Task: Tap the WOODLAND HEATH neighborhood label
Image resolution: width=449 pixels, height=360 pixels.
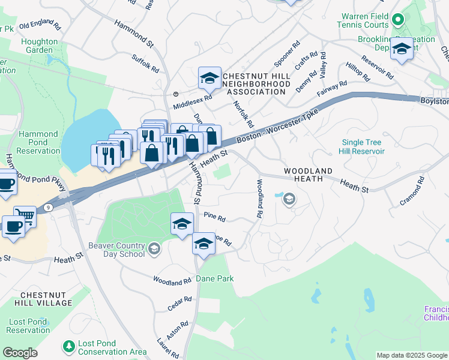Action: (x=308, y=175)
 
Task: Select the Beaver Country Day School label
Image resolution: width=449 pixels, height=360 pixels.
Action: (x=116, y=250)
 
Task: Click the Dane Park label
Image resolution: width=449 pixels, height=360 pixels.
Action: (x=214, y=278)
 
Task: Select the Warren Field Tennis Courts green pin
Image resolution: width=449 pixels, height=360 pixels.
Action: (x=397, y=21)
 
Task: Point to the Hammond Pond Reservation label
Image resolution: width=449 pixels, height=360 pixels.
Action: (x=38, y=143)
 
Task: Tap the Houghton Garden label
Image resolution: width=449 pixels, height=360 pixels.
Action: (x=40, y=46)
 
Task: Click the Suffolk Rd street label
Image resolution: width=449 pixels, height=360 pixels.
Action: (x=145, y=63)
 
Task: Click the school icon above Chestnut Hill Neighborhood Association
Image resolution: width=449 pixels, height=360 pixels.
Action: (x=209, y=78)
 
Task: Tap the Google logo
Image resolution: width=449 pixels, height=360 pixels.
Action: (x=20, y=353)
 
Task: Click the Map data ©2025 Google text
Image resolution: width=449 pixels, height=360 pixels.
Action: (x=412, y=355)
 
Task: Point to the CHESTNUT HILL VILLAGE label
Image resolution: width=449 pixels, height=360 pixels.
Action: (x=46, y=299)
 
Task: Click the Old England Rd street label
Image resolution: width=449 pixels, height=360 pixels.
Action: (x=40, y=26)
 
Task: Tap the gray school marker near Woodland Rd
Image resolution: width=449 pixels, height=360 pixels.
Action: (x=289, y=199)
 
